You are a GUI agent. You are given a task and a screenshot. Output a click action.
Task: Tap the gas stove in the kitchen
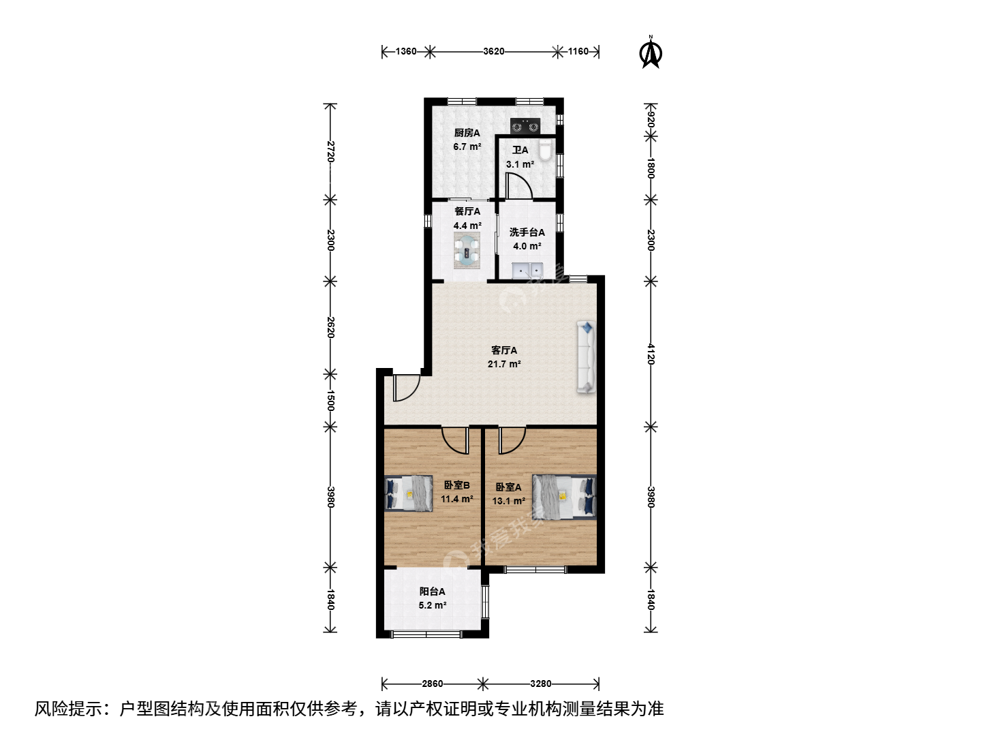click(x=525, y=126)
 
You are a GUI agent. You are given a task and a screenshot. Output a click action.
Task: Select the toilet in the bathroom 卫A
click(x=546, y=150)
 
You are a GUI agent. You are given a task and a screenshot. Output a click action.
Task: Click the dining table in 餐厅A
click(x=467, y=250)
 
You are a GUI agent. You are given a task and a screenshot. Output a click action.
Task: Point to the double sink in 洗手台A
click(x=527, y=271)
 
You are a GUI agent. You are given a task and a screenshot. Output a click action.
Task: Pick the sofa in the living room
click(x=587, y=357)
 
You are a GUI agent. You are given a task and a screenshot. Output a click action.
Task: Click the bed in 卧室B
click(x=409, y=493)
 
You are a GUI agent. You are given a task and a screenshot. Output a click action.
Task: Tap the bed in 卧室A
click(x=564, y=497)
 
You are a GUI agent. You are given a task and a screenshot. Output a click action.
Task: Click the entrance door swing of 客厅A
click(x=406, y=388)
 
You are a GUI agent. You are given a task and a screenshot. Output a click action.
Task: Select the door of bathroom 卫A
click(x=518, y=185)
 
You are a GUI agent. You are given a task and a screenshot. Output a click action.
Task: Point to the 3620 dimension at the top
click(x=493, y=51)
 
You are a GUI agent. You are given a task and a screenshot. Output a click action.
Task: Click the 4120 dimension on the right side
click(x=651, y=354)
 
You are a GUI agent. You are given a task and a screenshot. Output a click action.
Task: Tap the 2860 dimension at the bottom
click(x=432, y=684)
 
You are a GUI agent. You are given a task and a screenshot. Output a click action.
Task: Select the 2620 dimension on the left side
click(x=330, y=328)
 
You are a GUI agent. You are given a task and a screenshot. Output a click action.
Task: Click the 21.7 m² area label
click(x=504, y=364)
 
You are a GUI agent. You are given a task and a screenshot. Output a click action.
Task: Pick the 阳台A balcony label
click(x=432, y=592)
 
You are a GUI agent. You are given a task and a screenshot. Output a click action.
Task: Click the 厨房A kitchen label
click(x=467, y=133)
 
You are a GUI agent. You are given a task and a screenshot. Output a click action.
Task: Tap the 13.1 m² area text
click(x=509, y=501)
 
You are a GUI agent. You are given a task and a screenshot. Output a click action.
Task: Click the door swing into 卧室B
click(x=456, y=441)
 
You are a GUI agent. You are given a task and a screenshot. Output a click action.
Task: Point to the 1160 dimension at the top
click(x=578, y=51)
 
